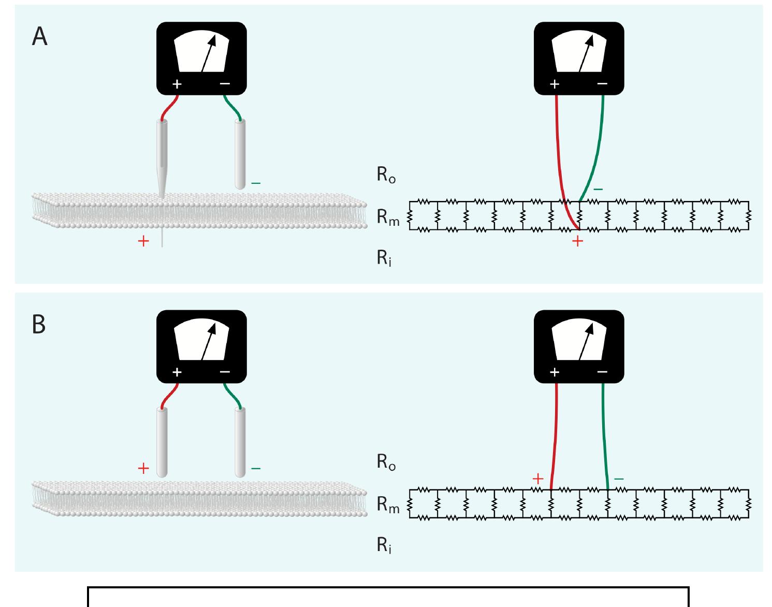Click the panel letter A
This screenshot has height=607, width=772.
point(39,37)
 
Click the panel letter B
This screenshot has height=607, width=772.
point(39,324)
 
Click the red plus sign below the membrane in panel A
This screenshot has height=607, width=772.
point(143,241)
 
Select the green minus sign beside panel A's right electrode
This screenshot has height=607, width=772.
point(256,183)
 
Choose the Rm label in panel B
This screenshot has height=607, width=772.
point(388,505)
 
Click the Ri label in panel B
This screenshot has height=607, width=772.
point(384,545)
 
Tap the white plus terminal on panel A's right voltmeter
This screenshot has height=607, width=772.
point(555,84)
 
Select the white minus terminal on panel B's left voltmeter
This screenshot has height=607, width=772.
point(225,371)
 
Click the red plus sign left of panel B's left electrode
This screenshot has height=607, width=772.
point(143,469)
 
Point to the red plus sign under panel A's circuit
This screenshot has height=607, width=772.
point(577,241)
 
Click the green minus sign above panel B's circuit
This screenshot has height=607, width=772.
point(618,479)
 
